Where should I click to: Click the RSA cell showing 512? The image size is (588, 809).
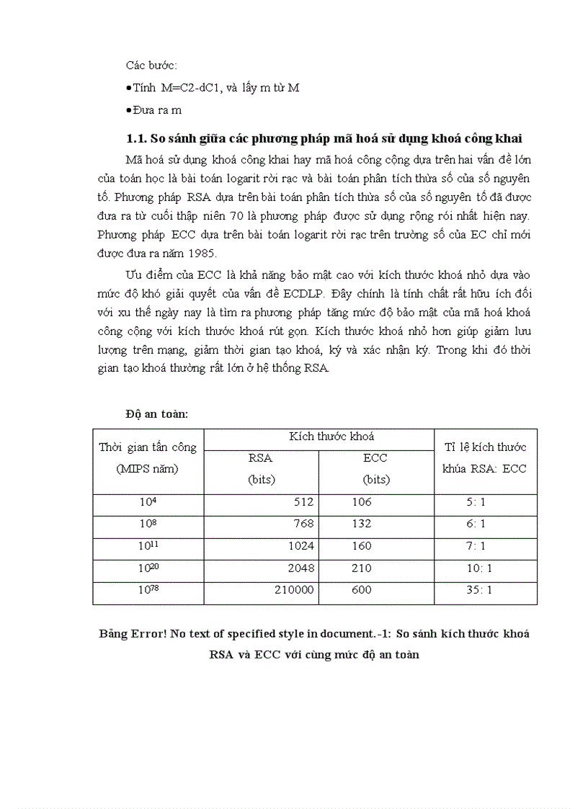pos(301,502)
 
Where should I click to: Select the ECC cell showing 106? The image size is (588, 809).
pos(362,502)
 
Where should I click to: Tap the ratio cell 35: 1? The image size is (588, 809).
pos(479,590)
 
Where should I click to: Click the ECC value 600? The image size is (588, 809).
pos(362,590)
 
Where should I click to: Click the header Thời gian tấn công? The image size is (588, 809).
pos(148,447)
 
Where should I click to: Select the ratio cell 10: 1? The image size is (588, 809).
pos(479,568)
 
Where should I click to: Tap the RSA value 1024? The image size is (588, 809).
pos(300,546)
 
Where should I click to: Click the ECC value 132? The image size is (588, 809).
pos(362,524)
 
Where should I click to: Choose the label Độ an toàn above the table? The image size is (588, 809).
pos(156,414)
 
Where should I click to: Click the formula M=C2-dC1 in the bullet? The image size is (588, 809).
pos(192,88)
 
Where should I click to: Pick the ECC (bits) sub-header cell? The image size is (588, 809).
pos(375,469)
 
